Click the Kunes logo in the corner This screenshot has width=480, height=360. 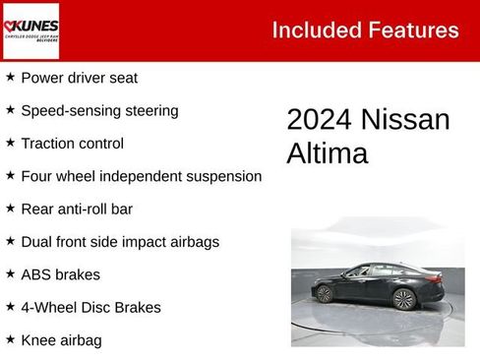click(x=31, y=30)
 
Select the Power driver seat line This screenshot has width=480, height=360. click(x=79, y=78)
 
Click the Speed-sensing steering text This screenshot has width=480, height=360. click(x=99, y=110)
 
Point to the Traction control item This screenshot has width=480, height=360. click(x=72, y=144)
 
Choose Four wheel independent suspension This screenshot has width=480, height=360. click(x=141, y=176)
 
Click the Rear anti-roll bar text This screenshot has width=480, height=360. click(x=77, y=209)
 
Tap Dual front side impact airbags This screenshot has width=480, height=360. click(x=119, y=241)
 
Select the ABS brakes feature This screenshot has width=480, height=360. click(x=60, y=274)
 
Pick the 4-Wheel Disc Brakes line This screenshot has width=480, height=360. click(x=90, y=307)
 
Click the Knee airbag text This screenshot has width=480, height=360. click(x=61, y=340)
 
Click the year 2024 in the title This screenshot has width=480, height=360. click(x=320, y=120)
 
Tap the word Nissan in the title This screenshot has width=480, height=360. click(x=406, y=120)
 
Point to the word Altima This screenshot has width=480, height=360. click(x=327, y=153)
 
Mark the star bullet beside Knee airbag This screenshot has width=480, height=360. click(x=10, y=339)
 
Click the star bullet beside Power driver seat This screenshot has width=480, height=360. click(x=10, y=77)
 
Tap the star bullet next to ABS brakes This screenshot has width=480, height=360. click(x=10, y=273)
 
